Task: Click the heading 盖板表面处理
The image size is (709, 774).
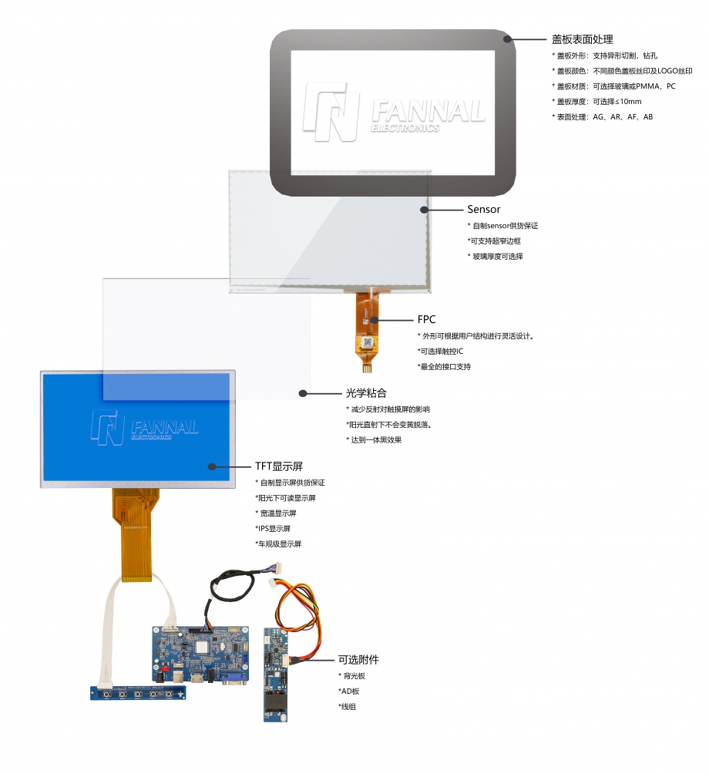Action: pos(582,39)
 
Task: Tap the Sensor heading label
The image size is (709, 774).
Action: pos(483,209)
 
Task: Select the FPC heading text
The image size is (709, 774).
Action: pos(426,319)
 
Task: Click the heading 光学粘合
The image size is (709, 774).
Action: pos(366,393)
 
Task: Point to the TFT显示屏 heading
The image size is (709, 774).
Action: pos(279,466)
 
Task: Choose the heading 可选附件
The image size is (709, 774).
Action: pos(358,659)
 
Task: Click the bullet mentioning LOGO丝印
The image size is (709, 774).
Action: pos(622,71)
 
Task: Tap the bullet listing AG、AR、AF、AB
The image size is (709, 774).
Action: pos(602,117)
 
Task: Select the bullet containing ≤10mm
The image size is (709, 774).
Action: pos(596,102)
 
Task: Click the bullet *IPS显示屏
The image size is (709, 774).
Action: pos(273,529)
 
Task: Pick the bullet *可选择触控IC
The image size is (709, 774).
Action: pos(440,352)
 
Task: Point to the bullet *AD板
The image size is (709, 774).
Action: pos(349,691)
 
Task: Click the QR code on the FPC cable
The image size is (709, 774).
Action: pos(367,342)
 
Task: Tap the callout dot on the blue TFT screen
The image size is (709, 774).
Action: pos(212,466)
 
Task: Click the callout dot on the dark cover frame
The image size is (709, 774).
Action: pos(508,39)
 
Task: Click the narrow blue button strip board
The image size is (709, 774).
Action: pos(138,692)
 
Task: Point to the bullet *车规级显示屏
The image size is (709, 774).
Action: pos(278,544)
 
